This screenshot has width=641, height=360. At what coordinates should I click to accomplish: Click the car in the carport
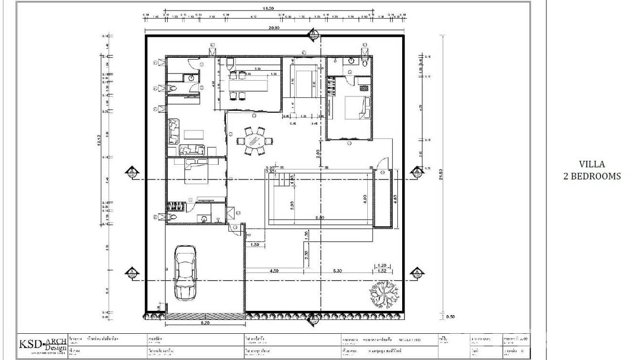(185, 273)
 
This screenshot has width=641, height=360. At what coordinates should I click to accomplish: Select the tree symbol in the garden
(383, 293)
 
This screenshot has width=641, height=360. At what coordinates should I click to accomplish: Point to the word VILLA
(592, 164)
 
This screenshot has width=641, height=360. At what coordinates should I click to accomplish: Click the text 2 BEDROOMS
(592, 176)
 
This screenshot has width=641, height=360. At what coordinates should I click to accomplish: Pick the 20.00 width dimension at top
(274, 28)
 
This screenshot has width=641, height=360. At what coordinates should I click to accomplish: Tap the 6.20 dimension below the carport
(205, 323)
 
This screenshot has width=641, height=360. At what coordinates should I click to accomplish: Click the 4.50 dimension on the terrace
(274, 271)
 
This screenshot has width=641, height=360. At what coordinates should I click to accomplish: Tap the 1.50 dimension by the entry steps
(255, 244)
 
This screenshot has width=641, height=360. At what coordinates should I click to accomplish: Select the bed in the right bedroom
(356, 107)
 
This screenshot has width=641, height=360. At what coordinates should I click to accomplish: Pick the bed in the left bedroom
(196, 171)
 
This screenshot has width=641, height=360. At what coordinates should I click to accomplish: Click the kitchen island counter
(248, 85)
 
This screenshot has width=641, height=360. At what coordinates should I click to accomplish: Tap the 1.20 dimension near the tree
(382, 265)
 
